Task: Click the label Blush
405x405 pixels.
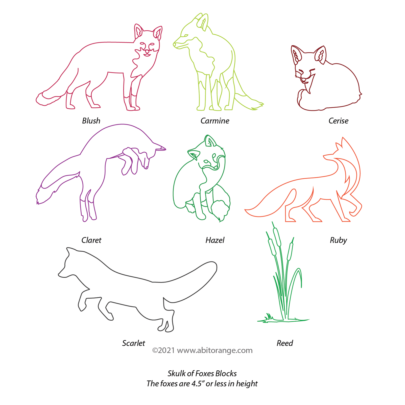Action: coord(91,121)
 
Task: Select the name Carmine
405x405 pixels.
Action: coord(215,121)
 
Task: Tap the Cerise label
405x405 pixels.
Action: coord(338,121)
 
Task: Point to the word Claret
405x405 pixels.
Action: coord(91,240)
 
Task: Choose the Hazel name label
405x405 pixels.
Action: coord(215,240)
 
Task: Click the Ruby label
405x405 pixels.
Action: coord(338,240)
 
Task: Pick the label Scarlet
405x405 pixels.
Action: coord(133,343)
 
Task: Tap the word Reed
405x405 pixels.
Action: coord(285,343)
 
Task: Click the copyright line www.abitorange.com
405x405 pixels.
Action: coord(202,350)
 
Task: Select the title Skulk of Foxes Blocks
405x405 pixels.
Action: coord(202,373)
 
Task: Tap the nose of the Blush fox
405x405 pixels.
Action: coord(147,51)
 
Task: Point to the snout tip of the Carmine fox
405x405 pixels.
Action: coord(174,44)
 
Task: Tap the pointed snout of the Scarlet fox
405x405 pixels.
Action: coord(60,275)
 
